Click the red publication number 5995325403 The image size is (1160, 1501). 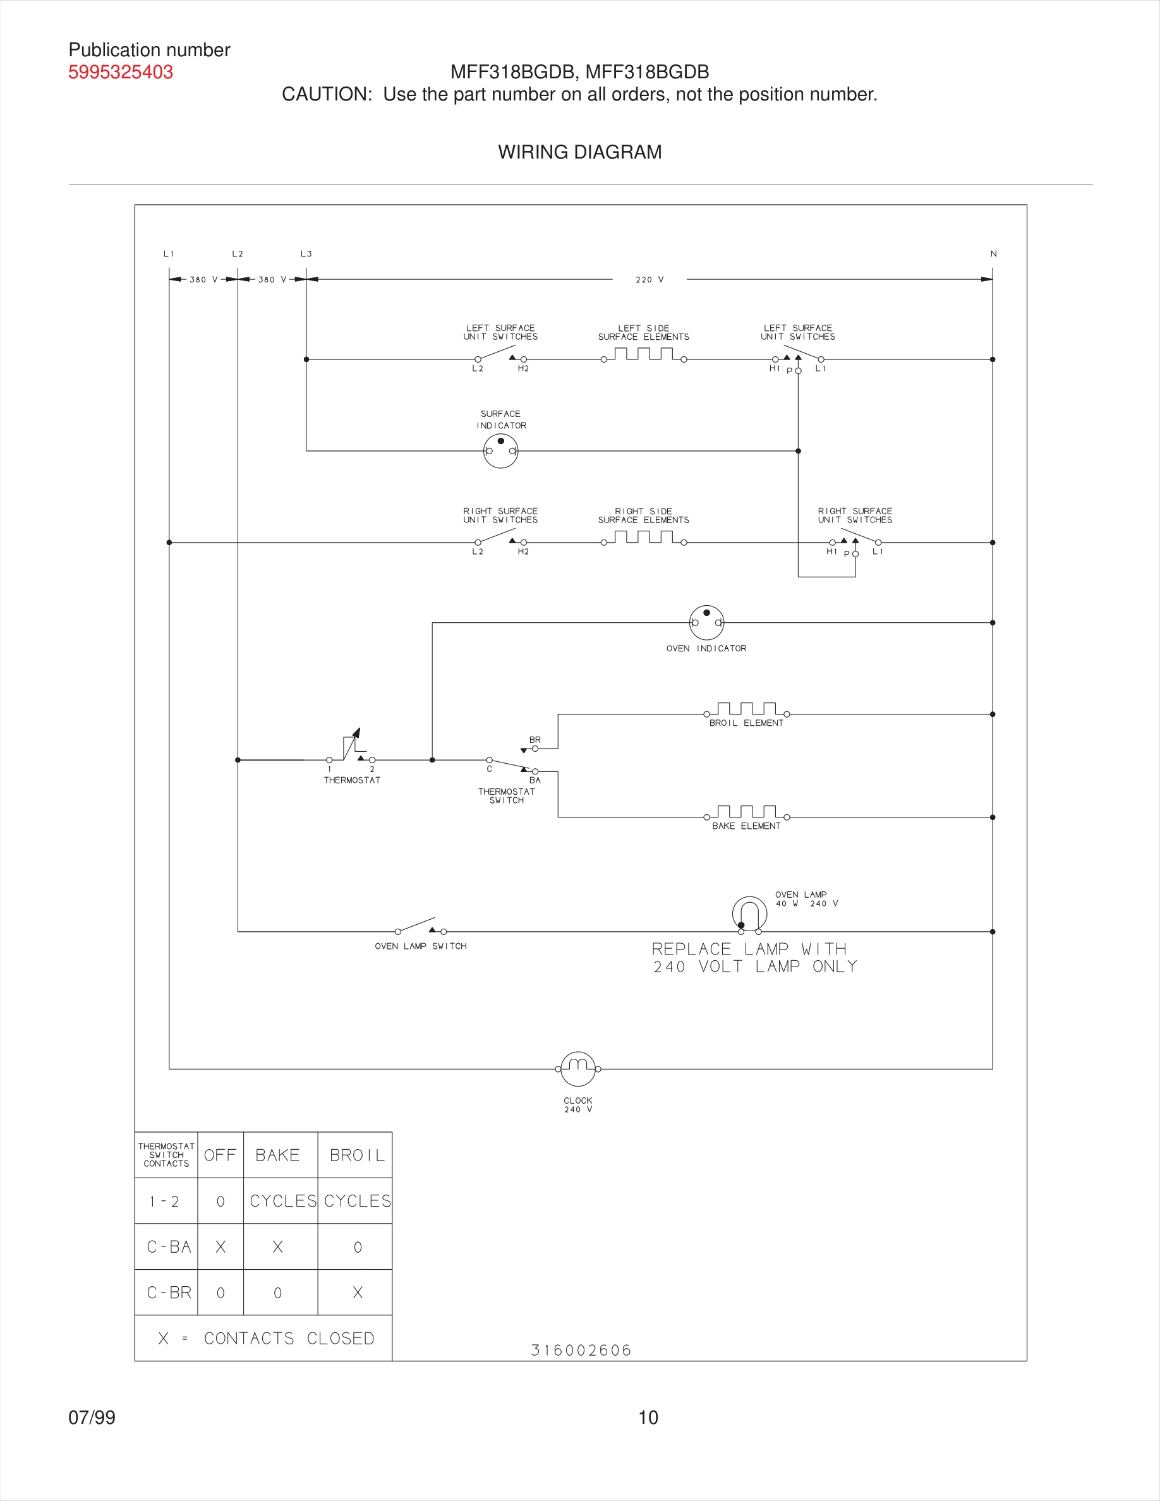point(120,72)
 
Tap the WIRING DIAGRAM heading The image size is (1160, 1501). point(579,152)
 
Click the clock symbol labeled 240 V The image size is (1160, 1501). point(577,1069)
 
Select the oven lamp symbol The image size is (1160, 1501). point(749,915)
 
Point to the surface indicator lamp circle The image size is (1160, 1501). point(500,452)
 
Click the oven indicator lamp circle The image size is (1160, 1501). point(706,623)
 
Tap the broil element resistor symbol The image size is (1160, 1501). point(746,709)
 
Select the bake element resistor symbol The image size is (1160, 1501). point(746,812)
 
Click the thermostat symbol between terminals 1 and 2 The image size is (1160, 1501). point(351,749)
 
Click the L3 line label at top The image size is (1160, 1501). point(306,253)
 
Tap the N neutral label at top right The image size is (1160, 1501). point(993,253)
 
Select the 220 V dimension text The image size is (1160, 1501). point(649,280)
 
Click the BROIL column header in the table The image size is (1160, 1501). point(357,1155)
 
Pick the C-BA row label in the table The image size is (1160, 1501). point(168,1246)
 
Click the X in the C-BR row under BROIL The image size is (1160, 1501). point(358,1293)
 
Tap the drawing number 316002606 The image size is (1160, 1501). point(581,1350)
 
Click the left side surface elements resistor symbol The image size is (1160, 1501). point(643,354)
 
